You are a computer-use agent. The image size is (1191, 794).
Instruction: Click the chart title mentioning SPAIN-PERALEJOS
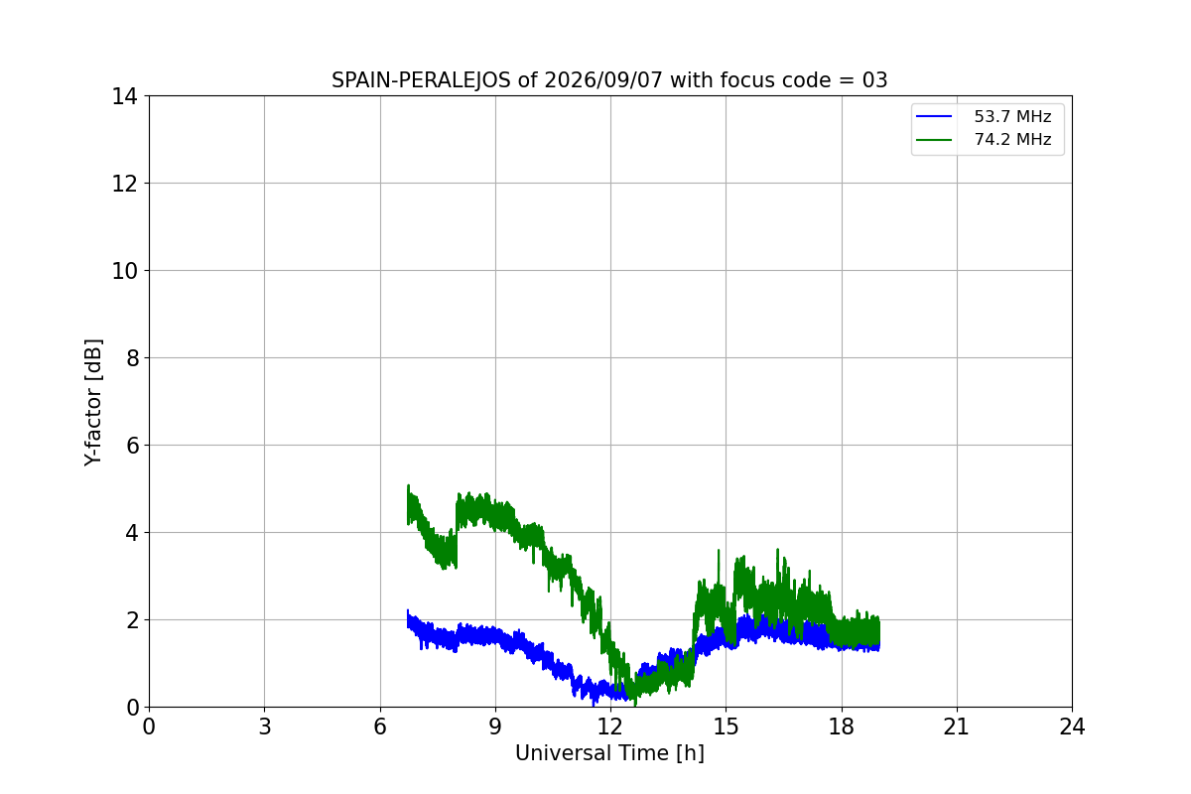click(x=609, y=80)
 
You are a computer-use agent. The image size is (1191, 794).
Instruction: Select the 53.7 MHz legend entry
click(x=984, y=116)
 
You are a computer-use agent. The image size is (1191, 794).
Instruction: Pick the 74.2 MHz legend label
click(x=1012, y=139)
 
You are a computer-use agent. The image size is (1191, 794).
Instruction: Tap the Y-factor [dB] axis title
click(x=93, y=403)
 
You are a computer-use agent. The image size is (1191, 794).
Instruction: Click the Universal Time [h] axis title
click(x=609, y=753)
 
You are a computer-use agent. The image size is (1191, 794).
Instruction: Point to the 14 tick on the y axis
click(x=124, y=97)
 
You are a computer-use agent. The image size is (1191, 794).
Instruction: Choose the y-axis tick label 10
click(x=124, y=271)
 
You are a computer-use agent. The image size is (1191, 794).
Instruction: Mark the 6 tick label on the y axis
click(x=132, y=446)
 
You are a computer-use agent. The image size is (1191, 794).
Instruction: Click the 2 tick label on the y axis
click(x=132, y=620)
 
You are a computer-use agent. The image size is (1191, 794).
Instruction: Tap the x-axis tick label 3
click(x=265, y=727)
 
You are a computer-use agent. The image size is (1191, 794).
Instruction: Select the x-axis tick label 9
click(x=495, y=727)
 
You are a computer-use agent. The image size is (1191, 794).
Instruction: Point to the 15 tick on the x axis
click(x=727, y=727)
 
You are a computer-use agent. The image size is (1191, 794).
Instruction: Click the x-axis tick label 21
click(x=957, y=727)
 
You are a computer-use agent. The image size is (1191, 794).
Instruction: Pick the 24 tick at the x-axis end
click(x=1072, y=727)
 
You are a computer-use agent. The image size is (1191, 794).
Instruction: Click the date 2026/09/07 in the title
click(x=603, y=80)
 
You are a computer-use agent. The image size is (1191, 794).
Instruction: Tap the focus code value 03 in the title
click(x=875, y=80)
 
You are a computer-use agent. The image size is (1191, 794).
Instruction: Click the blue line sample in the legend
click(x=934, y=116)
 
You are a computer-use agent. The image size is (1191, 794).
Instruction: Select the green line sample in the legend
click(x=934, y=140)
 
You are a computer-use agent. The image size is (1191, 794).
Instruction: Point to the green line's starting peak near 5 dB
click(x=408, y=486)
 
